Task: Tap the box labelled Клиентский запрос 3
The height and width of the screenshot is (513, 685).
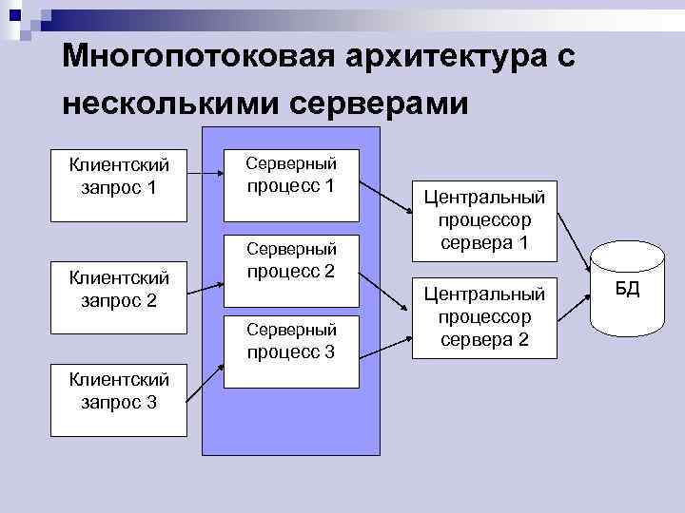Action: pyautogui.click(x=120, y=389)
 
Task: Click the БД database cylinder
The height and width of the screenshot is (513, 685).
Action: pyautogui.click(x=628, y=290)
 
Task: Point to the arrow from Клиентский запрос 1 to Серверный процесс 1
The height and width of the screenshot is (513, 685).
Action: pyautogui.click(x=205, y=172)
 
